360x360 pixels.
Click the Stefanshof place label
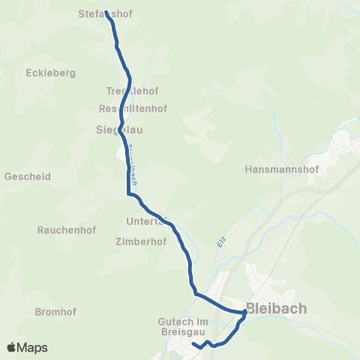tap(110, 13)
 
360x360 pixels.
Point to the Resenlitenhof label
tap(133, 108)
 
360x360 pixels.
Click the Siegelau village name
tap(120, 129)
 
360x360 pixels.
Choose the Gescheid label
tap(28, 177)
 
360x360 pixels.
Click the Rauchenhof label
tap(64, 229)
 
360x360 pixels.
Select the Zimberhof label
tap(140, 242)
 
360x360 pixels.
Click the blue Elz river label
tap(222, 242)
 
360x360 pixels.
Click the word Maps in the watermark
tap(33, 347)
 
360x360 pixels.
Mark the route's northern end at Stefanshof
tap(106, 12)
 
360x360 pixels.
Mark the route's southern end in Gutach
tap(193, 344)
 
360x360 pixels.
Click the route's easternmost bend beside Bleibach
tap(245, 312)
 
